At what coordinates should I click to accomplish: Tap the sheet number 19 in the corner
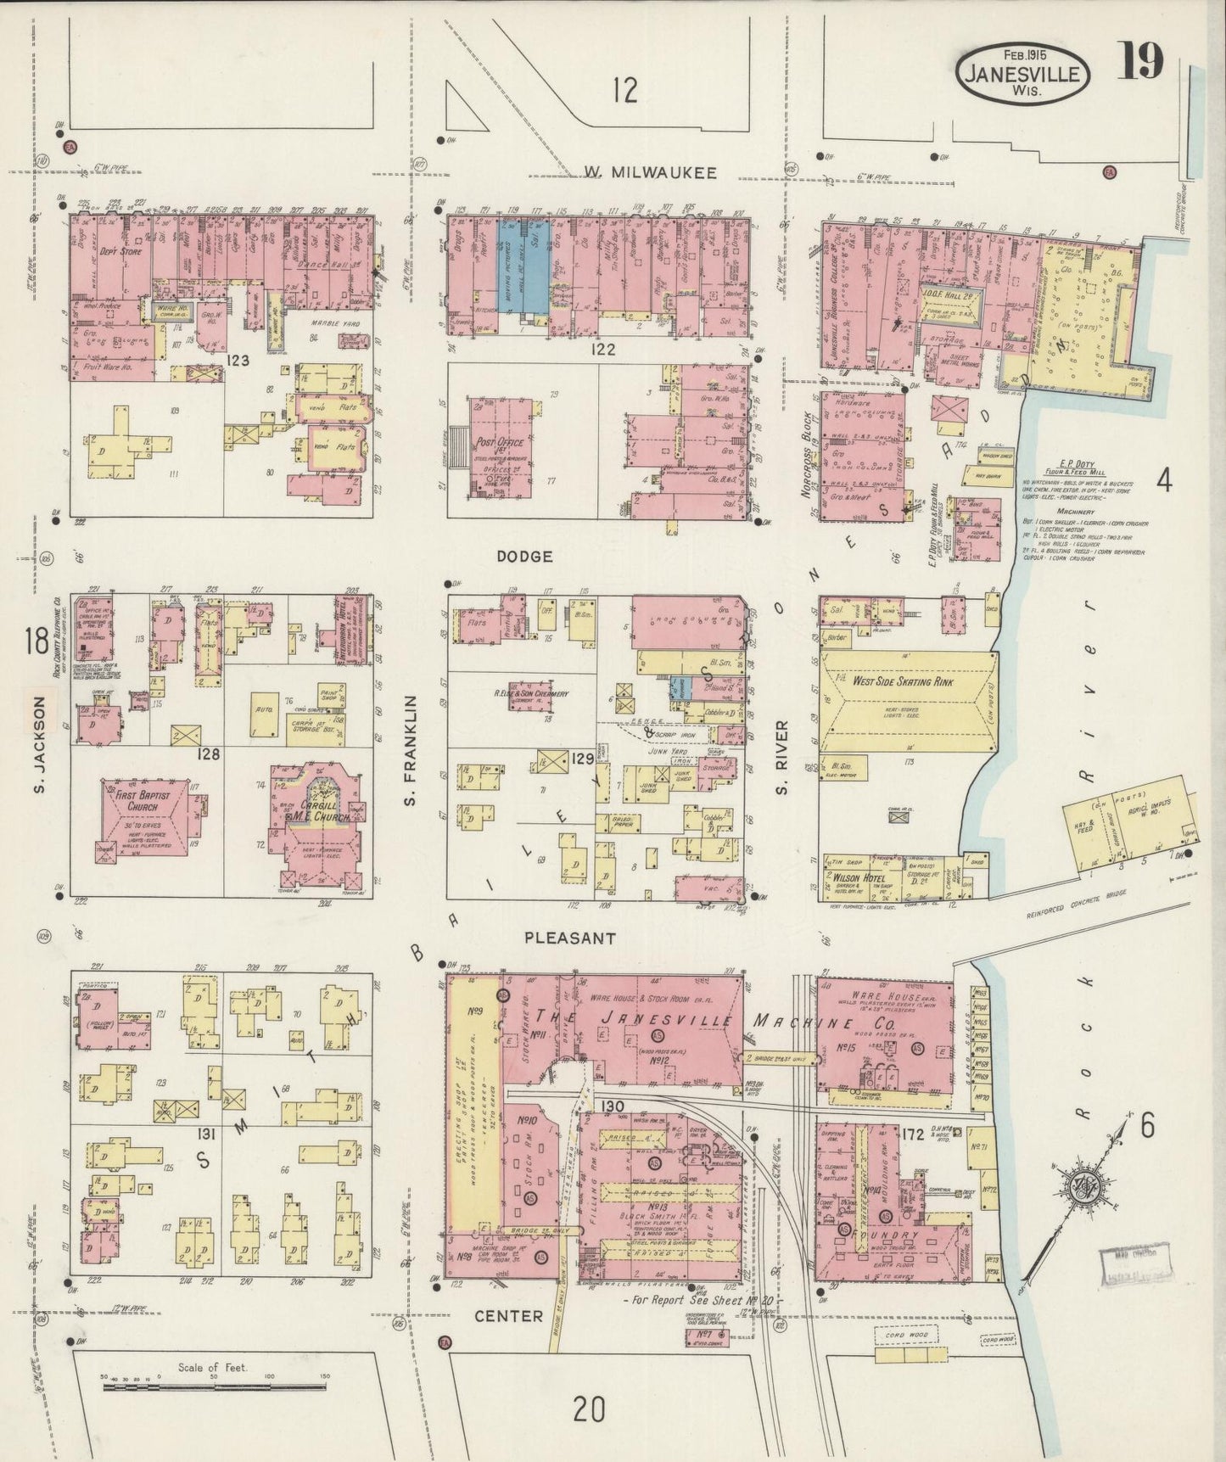(x=1139, y=61)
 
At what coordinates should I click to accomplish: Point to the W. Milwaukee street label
(x=649, y=173)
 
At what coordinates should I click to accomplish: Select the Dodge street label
(x=524, y=557)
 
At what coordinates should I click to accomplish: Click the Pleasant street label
(x=569, y=938)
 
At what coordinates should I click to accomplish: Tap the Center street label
(x=508, y=1315)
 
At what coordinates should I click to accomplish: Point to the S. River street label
(x=781, y=758)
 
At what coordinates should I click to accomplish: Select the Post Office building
(x=501, y=447)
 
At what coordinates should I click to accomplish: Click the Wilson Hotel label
(x=854, y=877)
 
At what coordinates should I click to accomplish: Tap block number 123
(x=238, y=360)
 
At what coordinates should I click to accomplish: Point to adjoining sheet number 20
(x=590, y=1410)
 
